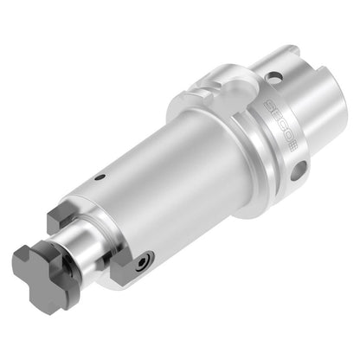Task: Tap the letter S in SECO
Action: click(x=270, y=105)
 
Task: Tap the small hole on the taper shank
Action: click(x=273, y=78)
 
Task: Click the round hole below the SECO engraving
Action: click(x=299, y=170)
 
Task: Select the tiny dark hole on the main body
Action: click(x=100, y=177)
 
